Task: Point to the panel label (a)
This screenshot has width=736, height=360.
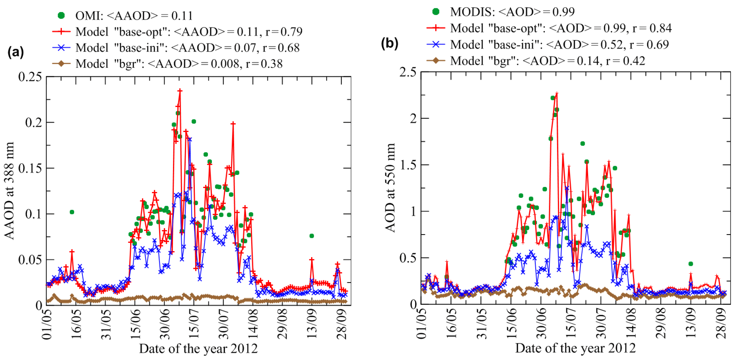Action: coord(16,52)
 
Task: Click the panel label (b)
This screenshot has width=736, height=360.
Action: coord(390,43)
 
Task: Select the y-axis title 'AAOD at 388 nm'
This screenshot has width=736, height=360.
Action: coord(9,191)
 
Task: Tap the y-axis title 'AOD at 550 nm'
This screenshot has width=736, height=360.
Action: coord(390,188)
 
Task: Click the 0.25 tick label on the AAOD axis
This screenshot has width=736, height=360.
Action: coord(30,77)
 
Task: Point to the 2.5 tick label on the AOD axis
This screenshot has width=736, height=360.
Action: coord(408,72)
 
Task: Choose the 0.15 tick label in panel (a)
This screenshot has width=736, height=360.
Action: coord(30,168)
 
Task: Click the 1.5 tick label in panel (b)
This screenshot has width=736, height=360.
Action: coord(408,165)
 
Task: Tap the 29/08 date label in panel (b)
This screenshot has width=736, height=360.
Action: coord(660,324)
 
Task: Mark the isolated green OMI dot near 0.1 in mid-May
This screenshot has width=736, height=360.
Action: coord(72,212)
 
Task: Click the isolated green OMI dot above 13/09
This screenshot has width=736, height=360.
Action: coord(311,236)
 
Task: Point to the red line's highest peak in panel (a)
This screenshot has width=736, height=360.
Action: coord(180,91)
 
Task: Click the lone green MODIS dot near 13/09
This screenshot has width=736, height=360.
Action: coord(691,264)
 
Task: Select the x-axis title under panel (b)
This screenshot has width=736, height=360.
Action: coord(575,348)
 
